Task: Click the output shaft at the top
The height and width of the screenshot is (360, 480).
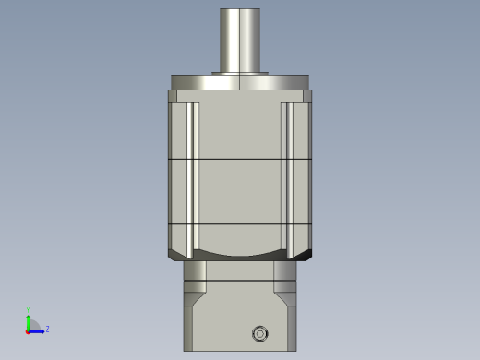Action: pos(240,39)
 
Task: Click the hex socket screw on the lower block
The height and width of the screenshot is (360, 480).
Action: pos(260,333)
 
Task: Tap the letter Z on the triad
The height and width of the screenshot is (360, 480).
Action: pos(47,329)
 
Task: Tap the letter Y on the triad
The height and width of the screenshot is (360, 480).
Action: pos(28,310)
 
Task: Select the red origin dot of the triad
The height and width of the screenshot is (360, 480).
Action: pos(28,330)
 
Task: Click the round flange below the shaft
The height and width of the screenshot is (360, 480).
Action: pos(240,82)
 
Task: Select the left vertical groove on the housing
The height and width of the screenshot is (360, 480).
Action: pos(194,175)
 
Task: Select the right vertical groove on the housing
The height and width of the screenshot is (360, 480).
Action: pos(286,175)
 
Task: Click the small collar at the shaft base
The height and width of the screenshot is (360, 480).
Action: pos(240,73)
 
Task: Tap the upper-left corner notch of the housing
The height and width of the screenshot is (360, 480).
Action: pos(173,96)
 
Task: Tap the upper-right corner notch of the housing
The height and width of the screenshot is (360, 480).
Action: pos(307,96)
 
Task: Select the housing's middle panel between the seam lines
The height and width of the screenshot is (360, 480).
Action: pos(240,192)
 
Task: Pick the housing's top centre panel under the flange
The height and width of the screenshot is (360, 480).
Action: pos(240,129)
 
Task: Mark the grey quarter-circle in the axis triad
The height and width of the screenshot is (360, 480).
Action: pos(33,325)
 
